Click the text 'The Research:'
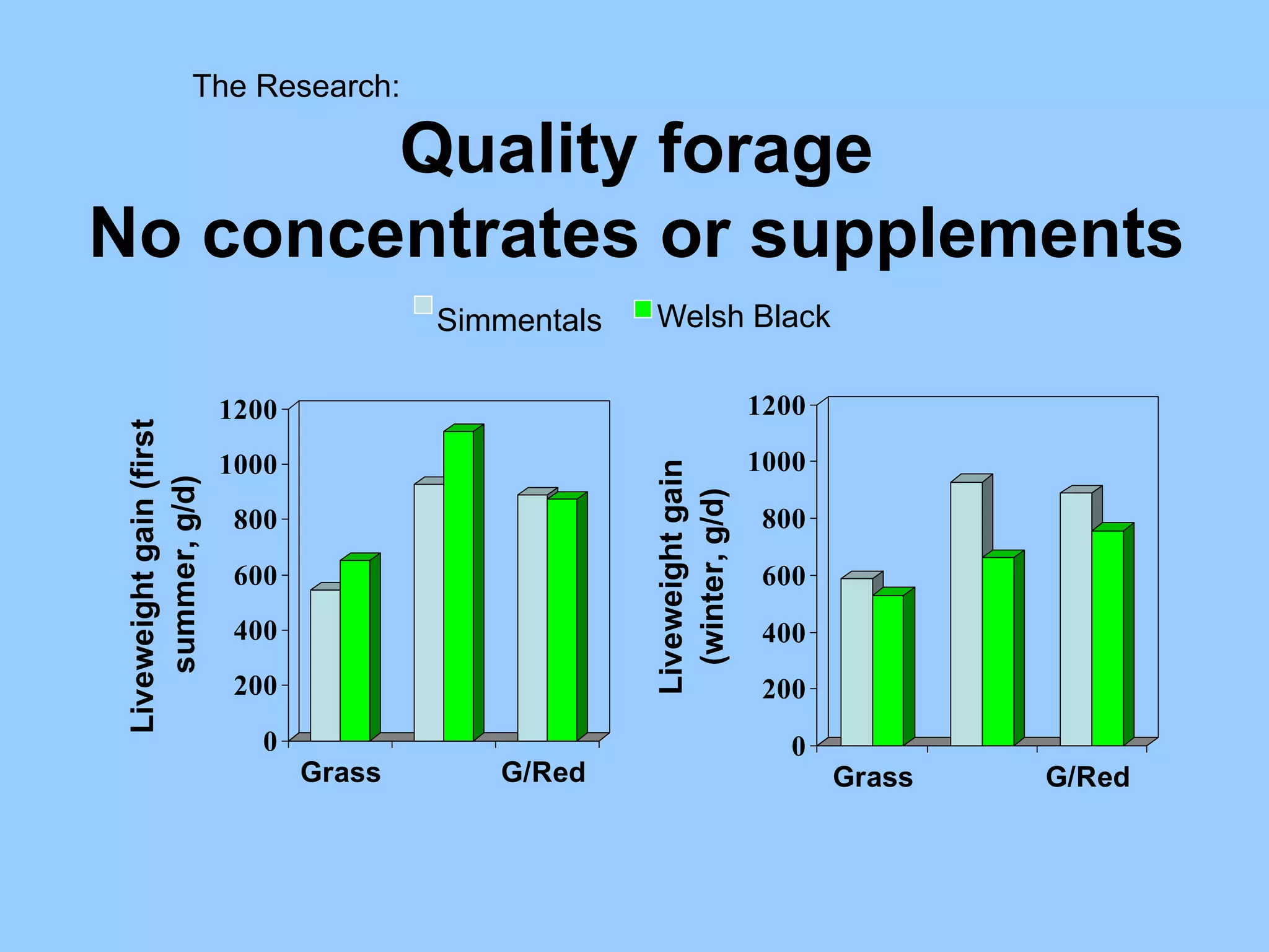[x=296, y=86]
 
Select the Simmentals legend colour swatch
[x=423, y=305]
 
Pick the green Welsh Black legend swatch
[x=643, y=309]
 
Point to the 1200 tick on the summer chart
[x=248, y=410]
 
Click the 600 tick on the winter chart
[x=783, y=576]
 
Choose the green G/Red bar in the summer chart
[x=562, y=619]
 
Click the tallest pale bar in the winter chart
[x=966, y=614]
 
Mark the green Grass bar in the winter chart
[x=888, y=670]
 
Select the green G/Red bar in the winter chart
[x=1107, y=638]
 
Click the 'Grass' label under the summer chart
[x=340, y=773]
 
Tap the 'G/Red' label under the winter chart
[x=1087, y=777]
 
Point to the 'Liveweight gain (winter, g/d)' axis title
[x=692, y=576]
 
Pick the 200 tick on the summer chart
[x=255, y=685]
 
